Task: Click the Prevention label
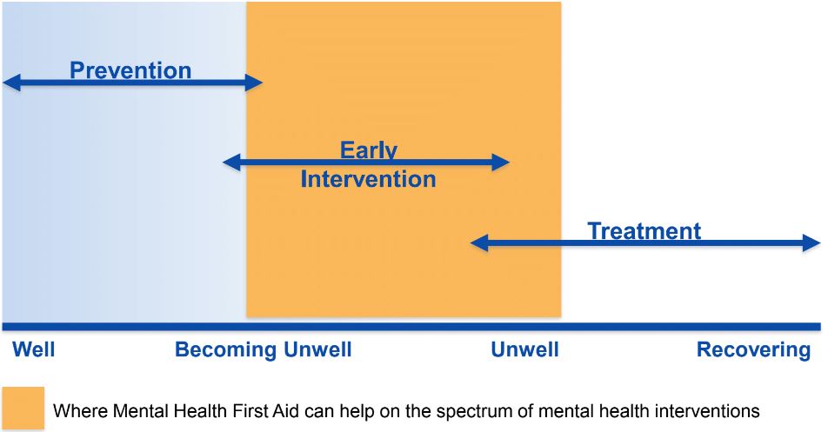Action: [x=130, y=70]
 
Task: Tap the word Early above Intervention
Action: [x=368, y=150]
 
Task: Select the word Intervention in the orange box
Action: [x=368, y=179]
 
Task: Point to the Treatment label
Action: [x=644, y=231]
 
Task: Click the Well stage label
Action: [x=34, y=350]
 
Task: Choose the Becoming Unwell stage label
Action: [x=263, y=350]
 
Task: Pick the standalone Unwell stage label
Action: [x=524, y=350]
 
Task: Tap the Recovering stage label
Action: [x=753, y=350]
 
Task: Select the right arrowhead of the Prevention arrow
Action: [x=254, y=83]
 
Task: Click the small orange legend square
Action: [x=23, y=409]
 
